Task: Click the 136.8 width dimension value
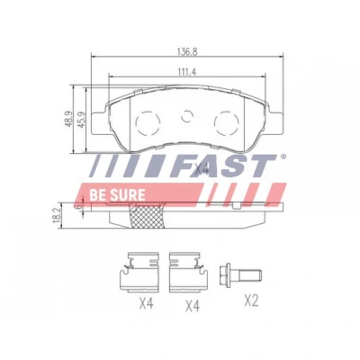[187, 52]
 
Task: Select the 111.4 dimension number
[187, 72]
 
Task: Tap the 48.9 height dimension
[69, 119]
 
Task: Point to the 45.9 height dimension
[82, 120]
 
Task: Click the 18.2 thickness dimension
[57, 216]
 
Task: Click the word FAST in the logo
[223, 166]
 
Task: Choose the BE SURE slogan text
[117, 195]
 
